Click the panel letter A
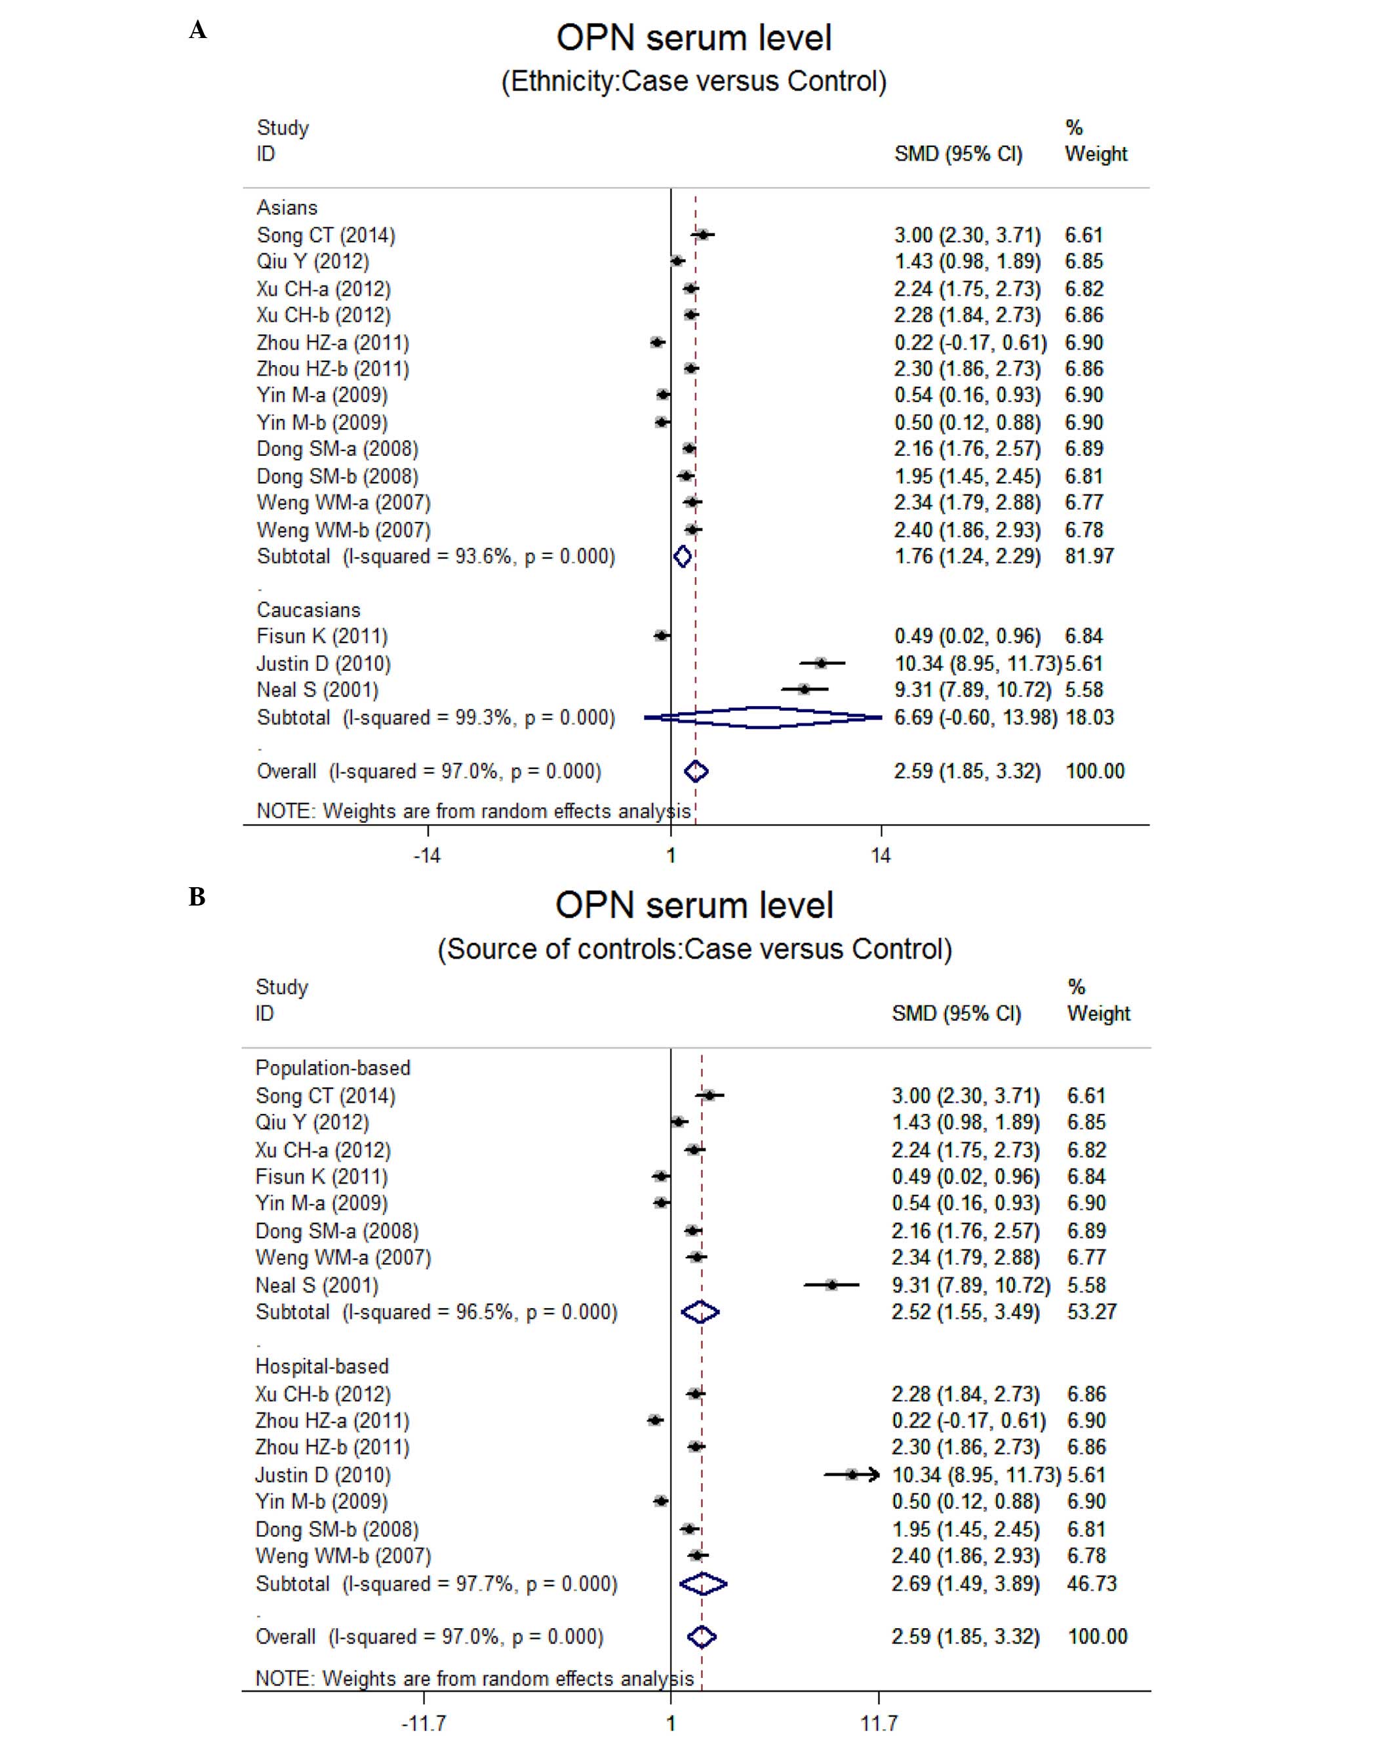click(197, 31)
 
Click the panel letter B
click(197, 897)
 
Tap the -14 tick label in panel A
click(426, 856)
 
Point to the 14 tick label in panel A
click(880, 856)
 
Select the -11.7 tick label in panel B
click(424, 1723)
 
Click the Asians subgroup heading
click(287, 208)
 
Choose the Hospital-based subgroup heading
click(321, 1367)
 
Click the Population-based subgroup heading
click(333, 1068)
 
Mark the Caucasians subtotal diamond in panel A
click(764, 717)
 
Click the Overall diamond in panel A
click(696, 772)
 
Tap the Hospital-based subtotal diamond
click(703, 1584)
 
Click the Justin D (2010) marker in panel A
click(820, 663)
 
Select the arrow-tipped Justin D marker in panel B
click(852, 1475)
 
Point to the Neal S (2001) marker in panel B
click(831, 1285)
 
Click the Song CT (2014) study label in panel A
click(325, 235)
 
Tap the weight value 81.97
click(1088, 556)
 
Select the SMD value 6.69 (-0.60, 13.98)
click(975, 717)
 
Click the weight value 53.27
click(1091, 1311)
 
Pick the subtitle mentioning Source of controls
click(694, 949)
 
